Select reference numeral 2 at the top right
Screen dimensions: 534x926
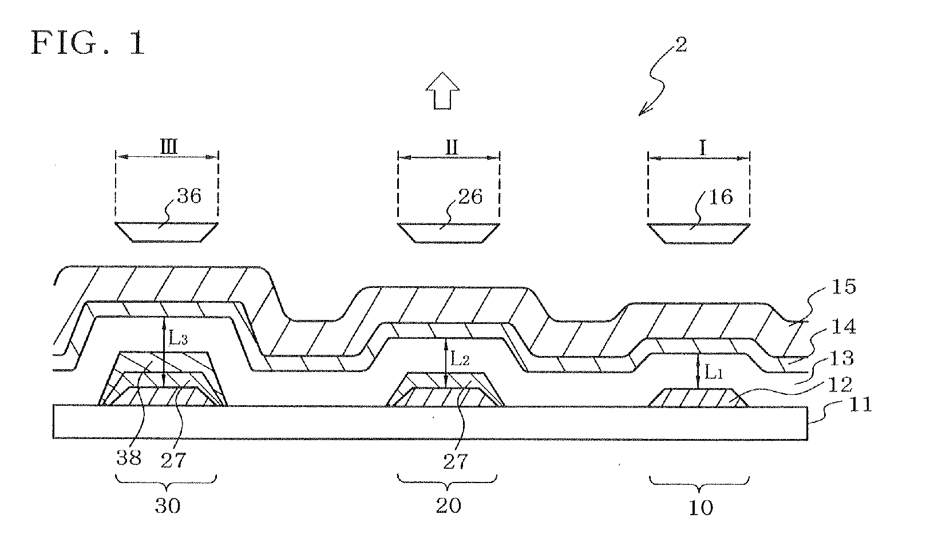[680, 45]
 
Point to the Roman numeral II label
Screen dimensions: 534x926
[451, 147]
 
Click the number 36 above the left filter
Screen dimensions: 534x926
[189, 196]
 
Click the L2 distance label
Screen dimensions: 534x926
[457, 359]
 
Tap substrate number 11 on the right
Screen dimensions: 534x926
[858, 406]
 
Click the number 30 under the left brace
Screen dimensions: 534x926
[167, 506]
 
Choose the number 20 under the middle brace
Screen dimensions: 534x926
[448, 506]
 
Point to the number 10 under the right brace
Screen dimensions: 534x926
[700, 507]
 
